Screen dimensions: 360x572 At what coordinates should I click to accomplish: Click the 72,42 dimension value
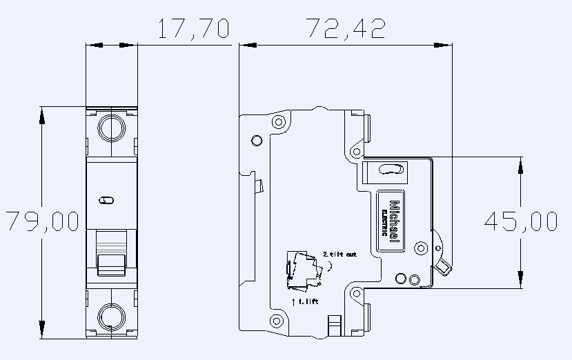345,29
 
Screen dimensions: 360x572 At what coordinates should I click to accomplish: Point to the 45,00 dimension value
521,221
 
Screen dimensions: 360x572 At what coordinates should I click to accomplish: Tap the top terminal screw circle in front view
111,128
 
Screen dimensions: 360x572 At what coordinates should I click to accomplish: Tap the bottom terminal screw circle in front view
111,317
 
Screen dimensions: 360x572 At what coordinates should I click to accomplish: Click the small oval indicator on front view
106,200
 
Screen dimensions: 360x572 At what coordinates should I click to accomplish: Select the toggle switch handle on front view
111,264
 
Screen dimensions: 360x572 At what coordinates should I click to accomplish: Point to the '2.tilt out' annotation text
339,254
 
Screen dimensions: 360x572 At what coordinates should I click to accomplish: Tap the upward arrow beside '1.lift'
294,301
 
